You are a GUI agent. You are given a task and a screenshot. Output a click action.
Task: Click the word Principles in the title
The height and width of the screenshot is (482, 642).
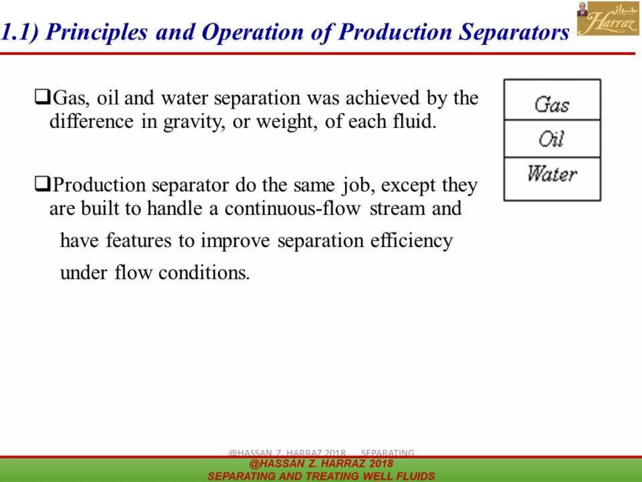[x=97, y=32]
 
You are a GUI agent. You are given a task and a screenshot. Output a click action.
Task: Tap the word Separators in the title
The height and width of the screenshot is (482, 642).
[x=514, y=32]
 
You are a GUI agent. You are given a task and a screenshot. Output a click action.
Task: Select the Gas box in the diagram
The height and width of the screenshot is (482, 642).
[x=552, y=100]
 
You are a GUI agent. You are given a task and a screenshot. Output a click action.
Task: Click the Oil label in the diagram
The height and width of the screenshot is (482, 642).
[x=551, y=139]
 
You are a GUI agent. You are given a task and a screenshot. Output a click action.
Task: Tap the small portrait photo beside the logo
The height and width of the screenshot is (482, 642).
[x=582, y=9]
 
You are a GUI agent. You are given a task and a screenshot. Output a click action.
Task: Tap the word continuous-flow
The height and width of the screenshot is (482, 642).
[x=292, y=208]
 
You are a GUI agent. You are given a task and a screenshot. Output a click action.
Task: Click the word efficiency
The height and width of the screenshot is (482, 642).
[x=412, y=241]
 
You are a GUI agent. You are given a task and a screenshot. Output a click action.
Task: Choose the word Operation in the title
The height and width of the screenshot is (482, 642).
[x=253, y=32]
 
